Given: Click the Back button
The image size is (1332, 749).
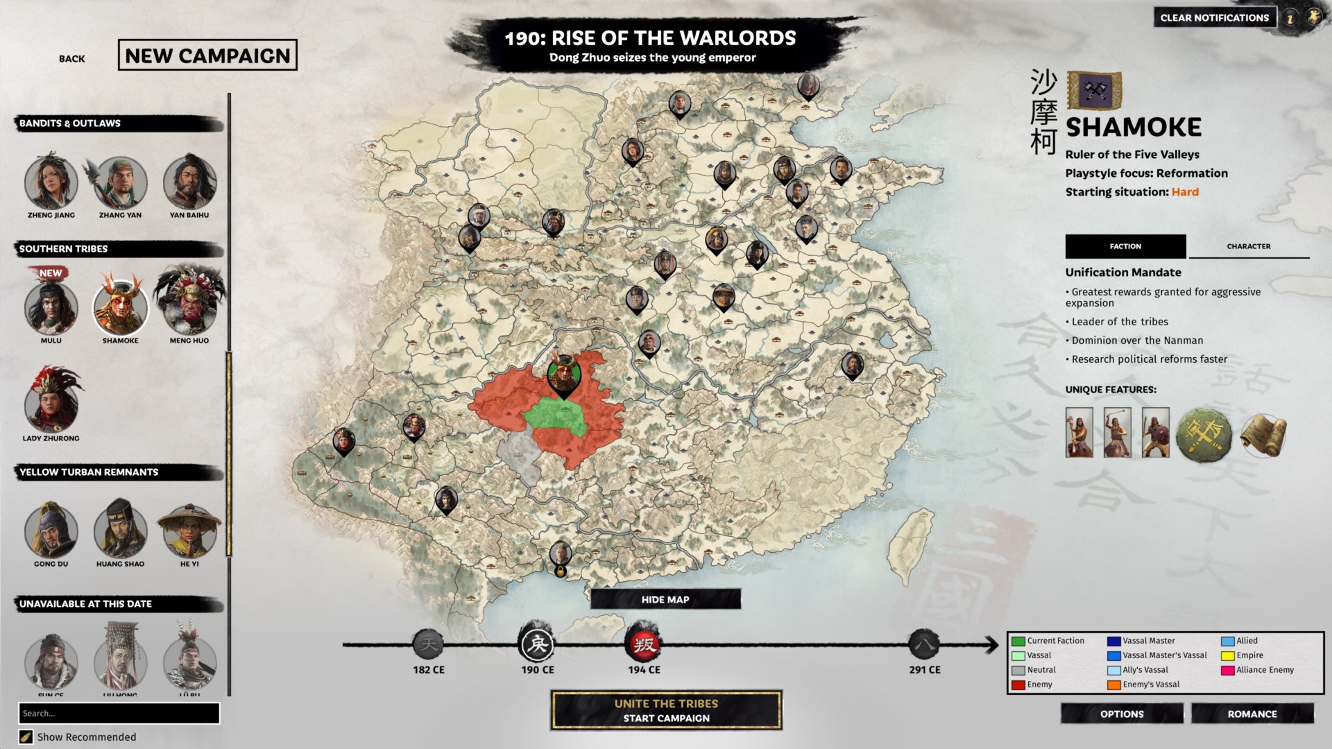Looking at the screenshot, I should point(72,59).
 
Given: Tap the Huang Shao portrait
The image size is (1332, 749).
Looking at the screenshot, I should point(120,531).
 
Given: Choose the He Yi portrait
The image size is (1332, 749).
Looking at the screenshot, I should point(189,531).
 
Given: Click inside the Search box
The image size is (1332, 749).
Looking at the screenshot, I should point(119,713).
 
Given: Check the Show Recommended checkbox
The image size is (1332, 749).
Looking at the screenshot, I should point(26,737).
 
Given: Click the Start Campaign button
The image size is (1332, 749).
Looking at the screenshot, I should point(666,710).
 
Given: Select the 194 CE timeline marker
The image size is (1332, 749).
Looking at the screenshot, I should point(644,645).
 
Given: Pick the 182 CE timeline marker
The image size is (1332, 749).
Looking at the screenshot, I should point(429,645).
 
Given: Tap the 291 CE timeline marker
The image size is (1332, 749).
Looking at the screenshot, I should point(925,645).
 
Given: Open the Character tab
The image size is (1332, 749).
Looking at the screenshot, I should point(1248,246).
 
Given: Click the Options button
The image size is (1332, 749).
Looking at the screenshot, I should point(1122,714).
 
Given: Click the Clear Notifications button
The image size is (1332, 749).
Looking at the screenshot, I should point(1214,18).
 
